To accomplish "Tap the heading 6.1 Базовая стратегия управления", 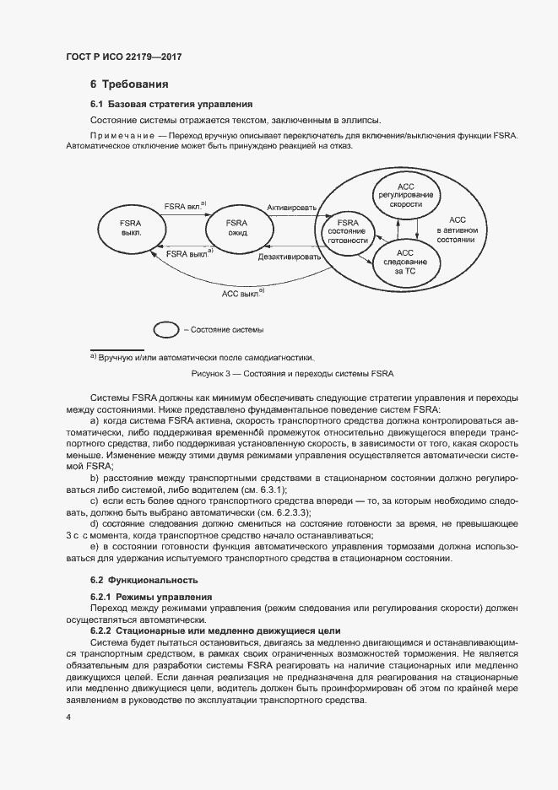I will click(x=171, y=105).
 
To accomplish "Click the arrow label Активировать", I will click(x=291, y=207).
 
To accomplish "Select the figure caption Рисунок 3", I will click(x=287, y=373).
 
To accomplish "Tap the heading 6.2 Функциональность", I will click(x=144, y=581).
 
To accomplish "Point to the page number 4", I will click(x=68, y=717).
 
